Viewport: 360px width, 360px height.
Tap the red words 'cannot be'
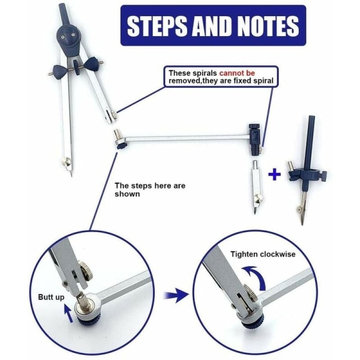(x=237, y=73)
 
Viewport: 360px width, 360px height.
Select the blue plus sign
(x=275, y=175)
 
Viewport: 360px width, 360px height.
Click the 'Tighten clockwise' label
(x=263, y=254)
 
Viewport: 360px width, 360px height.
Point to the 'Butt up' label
(x=51, y=297)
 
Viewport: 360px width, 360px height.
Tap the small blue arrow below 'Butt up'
(x=69, y=313)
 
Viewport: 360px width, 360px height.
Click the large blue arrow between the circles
(x=176, y=295)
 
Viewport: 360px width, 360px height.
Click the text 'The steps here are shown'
(x=150, y=190)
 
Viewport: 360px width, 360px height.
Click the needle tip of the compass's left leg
(x=71, y=176)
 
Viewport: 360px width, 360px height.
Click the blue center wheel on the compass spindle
(x=76, y=67)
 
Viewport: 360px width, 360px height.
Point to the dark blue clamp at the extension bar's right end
(x=254, y=140)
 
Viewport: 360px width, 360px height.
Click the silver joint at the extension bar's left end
(x=119, y=140)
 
